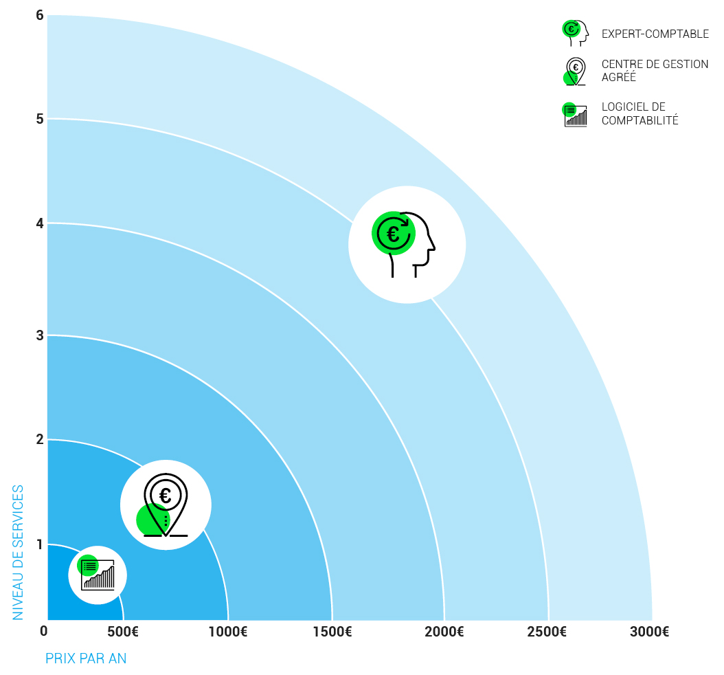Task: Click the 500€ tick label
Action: click(x=124, y=632)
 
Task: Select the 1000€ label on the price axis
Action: click(x=227, y=632)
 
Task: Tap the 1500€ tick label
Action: click(x=332, y=632)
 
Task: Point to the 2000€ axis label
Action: click(x=444, y=632)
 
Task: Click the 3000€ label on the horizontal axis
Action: click(x=649, y=632)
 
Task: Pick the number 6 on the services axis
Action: click(x=40, y=15)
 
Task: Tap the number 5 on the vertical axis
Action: click(x=40, y=119)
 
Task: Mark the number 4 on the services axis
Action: click(x=40, y=223)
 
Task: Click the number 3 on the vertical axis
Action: click(x=40, y=335)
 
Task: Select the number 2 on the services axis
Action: click(x=40, y=439)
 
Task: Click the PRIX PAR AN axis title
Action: click(x=86, y=658)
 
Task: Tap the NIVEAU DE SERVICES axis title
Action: click(x=19, y=552)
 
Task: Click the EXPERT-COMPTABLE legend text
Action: click(x=655, y=34)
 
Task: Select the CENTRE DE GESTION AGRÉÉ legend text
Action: click(x=655, y=71)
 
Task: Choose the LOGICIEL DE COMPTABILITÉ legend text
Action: click(x=640, y=113)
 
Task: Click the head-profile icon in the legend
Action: click(x=576, y=32)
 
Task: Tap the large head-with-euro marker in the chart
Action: click(x=407, y=244)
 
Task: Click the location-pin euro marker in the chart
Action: click(x=166, y=505)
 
